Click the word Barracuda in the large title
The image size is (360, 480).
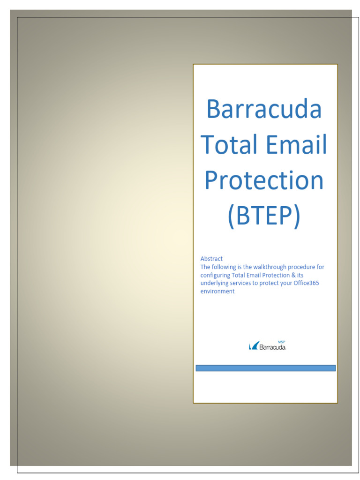click(x=264, y=109)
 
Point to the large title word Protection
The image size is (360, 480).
click(x=264, y=180)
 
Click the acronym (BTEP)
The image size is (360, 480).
click(x=264, y=216)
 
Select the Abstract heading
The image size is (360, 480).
click(x=211, y=259)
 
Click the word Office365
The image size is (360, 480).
click(x=306, y=284)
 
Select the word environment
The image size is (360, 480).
click(x=217, y=292)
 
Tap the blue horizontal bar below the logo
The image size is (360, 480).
click(x=265, y=368)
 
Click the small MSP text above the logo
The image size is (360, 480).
click(x=282, y=342)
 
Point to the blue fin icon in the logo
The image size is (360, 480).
click(x=254, y=346)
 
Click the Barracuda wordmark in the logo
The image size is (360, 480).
click(x=272, y=347)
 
